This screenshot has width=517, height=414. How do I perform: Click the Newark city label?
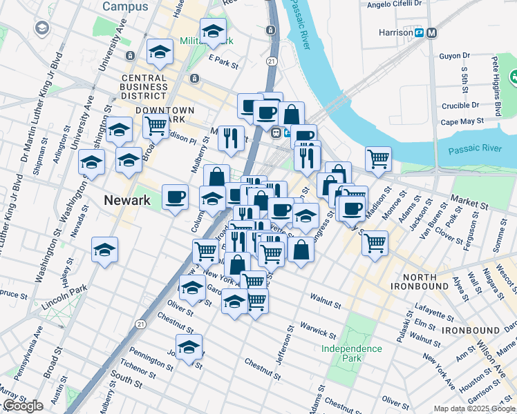click(126, 201)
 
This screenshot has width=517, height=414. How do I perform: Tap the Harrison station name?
click(395, 32)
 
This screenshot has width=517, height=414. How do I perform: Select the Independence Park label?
click(351, 354)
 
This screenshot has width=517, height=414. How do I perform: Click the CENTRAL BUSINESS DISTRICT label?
click(143, 87)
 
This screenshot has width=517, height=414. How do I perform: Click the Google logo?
click(22, 406)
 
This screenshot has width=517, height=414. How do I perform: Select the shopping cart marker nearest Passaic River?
click(378, 159)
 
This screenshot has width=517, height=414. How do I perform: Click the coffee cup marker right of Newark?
click(175, 197)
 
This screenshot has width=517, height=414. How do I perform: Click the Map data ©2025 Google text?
click(473, 408)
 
